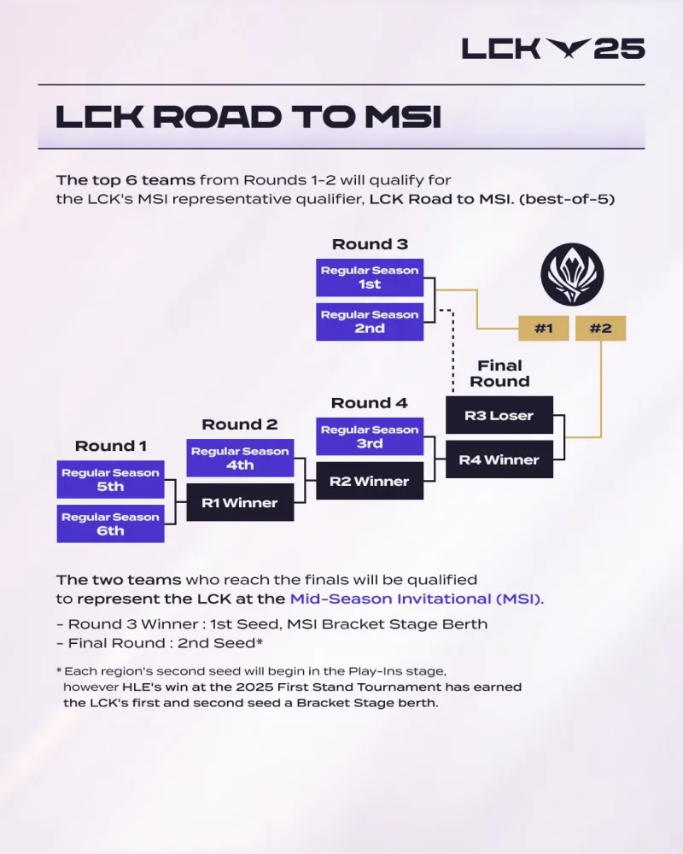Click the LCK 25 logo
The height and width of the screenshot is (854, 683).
[x=552, y=49]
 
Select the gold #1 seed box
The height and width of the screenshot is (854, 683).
[x=543, y=329]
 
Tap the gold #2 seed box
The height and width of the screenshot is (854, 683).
[x=600, y=329]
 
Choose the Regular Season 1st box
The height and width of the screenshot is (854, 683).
[x=369, y=278]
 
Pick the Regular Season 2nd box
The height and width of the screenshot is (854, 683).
[x=369, y=322]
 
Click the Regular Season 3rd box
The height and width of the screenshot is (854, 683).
[x=369, y=437]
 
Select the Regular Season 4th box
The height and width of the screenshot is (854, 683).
[x=240, y=459]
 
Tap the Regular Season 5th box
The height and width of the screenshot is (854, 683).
[x=110, y=480]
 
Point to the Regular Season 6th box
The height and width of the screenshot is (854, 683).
[x=110, y=524]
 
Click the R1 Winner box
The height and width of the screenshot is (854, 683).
[x=240, y=503]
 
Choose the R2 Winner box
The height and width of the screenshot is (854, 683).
[x=369, y=482]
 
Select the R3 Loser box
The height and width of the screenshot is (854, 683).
[x=499, y=416]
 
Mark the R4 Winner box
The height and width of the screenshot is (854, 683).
[x=499, y=460]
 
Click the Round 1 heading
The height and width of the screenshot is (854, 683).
[x=110, y=446]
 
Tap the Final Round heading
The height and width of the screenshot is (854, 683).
[x=499, y=373]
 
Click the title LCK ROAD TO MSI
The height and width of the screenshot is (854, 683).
[x=248, y=118]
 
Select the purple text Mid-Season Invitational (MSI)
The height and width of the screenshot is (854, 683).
[x=417, y=599]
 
